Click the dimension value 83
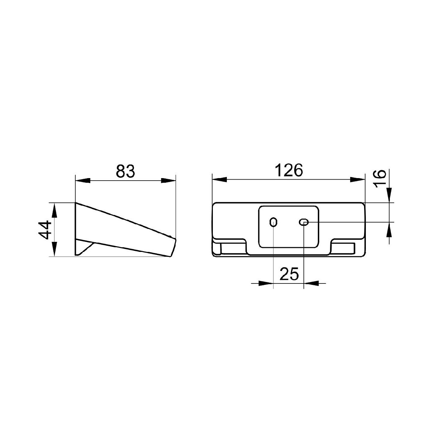click(x=125, y=171)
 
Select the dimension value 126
click(x=289, y=171)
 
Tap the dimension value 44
click(x=45, y=230)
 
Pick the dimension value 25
click(x=289, y=274)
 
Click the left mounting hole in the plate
click(x=273, y=222)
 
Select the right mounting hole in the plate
click(x=304, y=222)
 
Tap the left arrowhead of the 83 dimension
click(x=83, y=181)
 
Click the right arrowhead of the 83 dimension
click(x=168, y=181)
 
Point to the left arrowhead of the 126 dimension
click(x=220, y=180)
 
